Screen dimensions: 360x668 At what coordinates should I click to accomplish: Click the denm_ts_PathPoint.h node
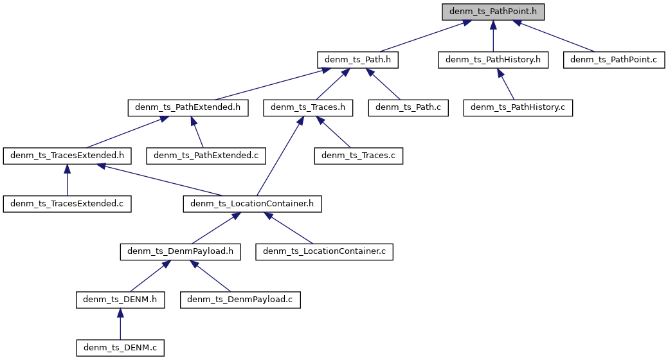click(x=492, y=12)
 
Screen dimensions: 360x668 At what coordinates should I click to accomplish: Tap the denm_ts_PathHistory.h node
click(x=493, y=60)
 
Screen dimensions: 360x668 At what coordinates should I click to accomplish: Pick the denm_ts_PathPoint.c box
click(x=613, y=60)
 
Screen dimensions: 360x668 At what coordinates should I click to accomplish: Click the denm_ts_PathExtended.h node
click(x=188, y=107)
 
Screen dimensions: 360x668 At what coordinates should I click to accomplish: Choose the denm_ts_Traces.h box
click(x=309, y=107)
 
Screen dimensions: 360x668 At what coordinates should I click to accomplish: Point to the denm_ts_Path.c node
click(x=408, y=107)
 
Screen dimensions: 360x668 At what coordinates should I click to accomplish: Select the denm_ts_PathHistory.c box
click(x=518, y=107)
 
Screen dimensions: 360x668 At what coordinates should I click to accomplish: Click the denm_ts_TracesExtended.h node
click(x=68, y=156)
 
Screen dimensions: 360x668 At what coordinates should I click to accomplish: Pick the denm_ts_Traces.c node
click(x=358, y=156)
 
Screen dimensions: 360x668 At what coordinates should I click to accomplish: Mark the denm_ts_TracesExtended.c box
click(x=68, y=204)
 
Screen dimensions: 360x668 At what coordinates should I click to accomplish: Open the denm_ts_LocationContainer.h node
click(x=252, y=204)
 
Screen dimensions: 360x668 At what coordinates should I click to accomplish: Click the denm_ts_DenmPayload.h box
click(x=180, y=251)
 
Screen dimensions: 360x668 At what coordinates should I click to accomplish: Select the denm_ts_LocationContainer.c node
click(x=324, y=251)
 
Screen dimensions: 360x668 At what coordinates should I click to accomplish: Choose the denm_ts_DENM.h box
click(x=120, y=300)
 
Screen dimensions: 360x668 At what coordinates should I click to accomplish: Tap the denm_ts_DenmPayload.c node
click(x=240, y=300)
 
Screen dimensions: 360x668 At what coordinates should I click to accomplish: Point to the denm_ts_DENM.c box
click(x=120, y=348)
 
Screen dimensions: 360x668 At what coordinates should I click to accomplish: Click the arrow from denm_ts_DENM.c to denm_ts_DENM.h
click(x=120, y=324)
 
